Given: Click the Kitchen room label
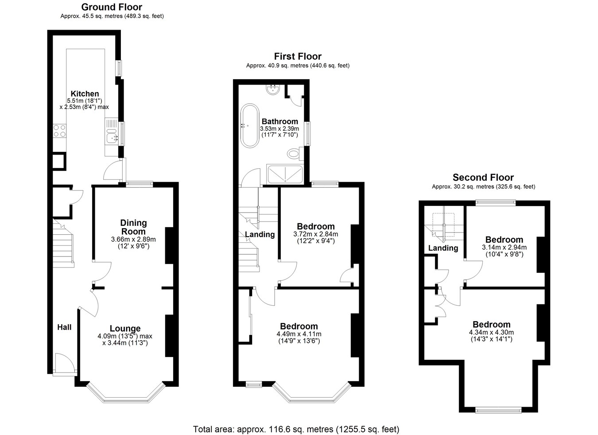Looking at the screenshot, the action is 85,94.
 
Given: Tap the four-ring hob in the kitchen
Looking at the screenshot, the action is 59,131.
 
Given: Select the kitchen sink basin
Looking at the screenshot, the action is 112,138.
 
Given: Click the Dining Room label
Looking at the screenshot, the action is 133,227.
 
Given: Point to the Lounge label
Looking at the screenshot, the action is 125,328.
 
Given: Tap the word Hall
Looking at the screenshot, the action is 64,327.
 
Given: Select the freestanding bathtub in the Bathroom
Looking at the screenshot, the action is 250,125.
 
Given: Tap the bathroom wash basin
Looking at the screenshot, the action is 273,89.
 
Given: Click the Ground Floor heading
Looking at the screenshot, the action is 112,7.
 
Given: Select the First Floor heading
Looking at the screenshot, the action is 298,56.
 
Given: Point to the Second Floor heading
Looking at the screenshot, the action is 483,177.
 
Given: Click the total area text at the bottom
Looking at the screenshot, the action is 296,429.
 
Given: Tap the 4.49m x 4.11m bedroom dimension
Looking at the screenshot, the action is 299,334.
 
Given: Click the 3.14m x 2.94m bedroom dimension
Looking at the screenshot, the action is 504,248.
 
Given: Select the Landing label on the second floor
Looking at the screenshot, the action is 443,248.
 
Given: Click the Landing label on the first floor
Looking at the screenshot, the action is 260,234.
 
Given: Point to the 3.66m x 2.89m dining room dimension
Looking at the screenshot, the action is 133,240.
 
